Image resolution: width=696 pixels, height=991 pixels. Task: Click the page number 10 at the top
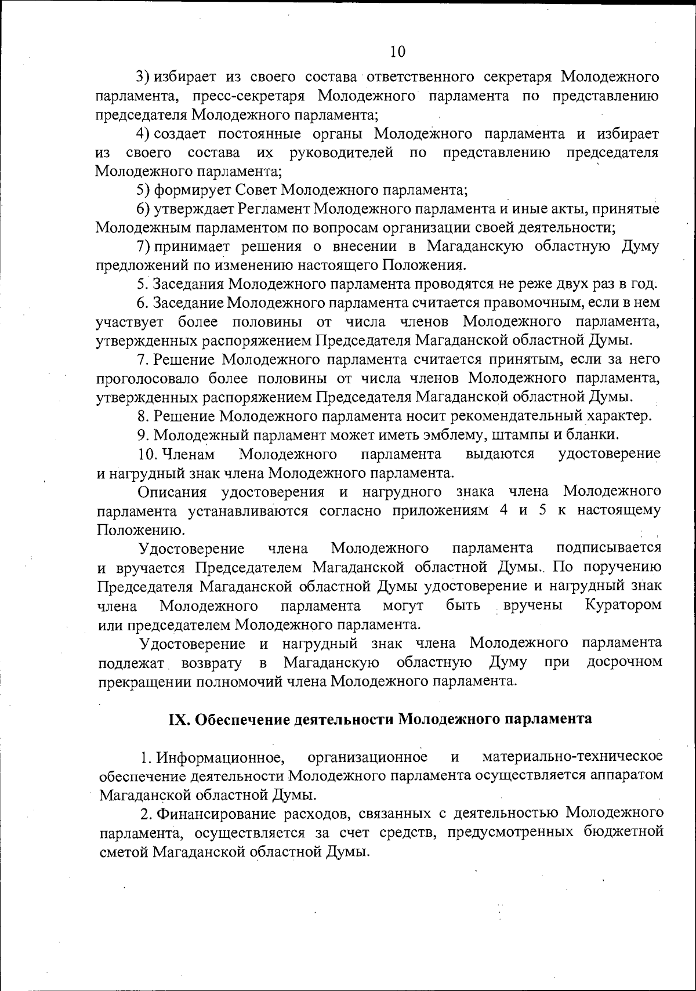click(397, 52)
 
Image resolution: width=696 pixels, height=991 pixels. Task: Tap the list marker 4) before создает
click(144, 135)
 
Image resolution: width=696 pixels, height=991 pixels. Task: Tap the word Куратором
click(622, 605)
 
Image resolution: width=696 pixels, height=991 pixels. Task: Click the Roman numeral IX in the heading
click(176, 719)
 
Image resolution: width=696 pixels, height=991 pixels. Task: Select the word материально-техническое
click(572, 757)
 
